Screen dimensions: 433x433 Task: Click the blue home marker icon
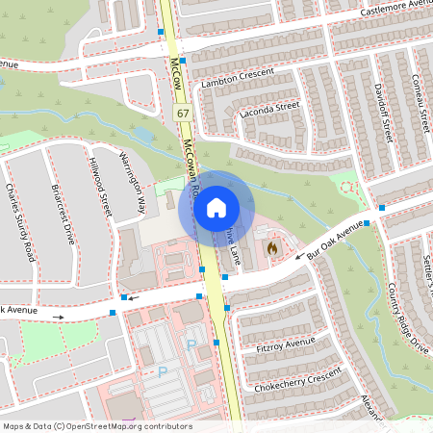pos(216,206)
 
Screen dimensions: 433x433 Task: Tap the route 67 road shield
pos(183,114)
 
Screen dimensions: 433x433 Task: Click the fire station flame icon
pos(272,248)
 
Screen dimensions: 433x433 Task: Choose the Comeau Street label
pos(420,102)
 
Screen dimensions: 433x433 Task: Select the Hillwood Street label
pos(99,186)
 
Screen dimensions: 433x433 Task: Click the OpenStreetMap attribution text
pos(96,426)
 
